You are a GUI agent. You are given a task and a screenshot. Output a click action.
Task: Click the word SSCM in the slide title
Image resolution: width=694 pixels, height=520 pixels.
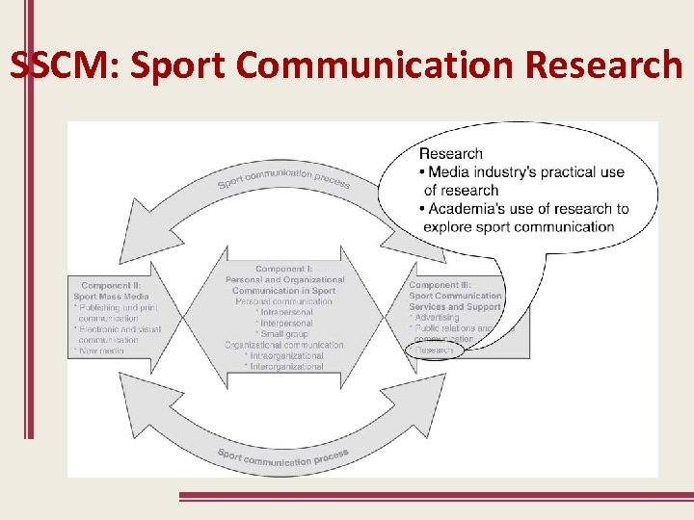click(65, 65)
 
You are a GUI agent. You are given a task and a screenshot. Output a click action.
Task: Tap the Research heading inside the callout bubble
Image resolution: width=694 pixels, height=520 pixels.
click(450, 153)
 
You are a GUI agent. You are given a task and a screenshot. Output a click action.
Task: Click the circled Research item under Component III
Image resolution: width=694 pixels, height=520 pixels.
click(435, 351)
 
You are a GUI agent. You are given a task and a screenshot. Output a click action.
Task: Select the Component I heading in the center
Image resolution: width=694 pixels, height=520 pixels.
click(284, 269)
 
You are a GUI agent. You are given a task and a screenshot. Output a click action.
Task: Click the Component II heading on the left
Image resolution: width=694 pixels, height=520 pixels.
click(113, 286)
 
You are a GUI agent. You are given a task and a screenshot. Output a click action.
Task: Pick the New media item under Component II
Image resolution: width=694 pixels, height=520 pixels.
click(101, 351)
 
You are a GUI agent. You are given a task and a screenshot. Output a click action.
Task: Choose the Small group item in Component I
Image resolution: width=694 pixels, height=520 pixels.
click(284, 334)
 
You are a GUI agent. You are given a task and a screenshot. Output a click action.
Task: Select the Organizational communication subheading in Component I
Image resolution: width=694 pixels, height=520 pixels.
click(284, 345)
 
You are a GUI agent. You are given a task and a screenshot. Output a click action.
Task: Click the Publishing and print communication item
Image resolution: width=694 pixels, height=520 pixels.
click(116, 313)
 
